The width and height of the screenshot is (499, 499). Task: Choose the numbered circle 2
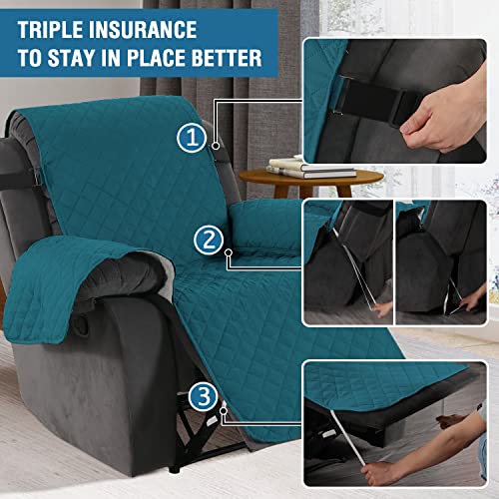coord(210,240)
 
